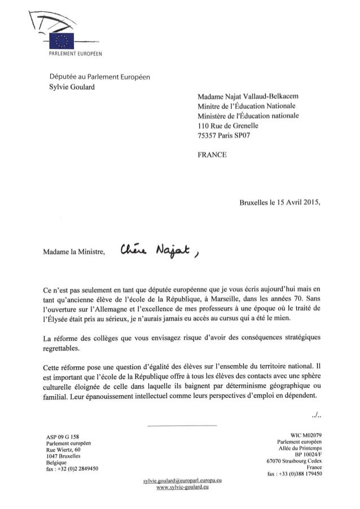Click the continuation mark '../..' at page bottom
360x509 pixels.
pyautogui.click(x=316, y=418)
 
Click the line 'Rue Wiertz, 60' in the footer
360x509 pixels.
pyautogui.click(x=64, y=450)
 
